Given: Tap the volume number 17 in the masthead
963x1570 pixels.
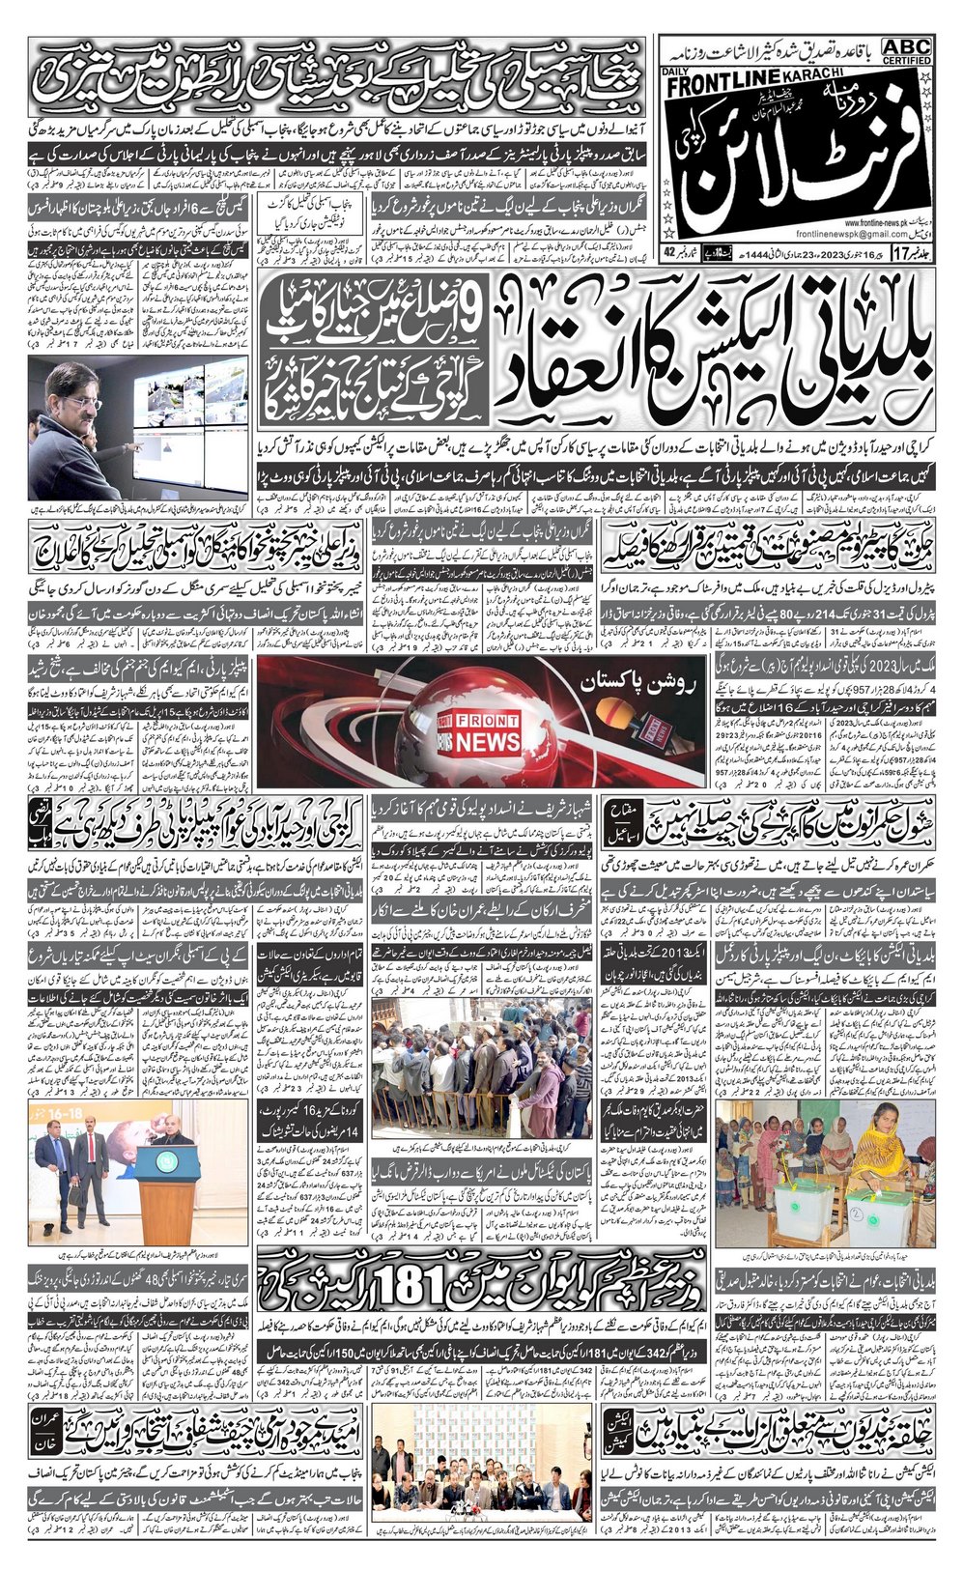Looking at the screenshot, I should coord(900,254).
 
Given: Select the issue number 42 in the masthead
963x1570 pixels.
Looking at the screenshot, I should coord(670,253).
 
